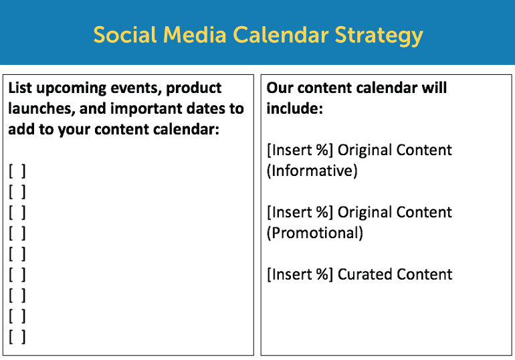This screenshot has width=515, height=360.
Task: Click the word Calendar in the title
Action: (x=281, y=35)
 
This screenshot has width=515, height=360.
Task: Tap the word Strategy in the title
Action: (x=379, y=36)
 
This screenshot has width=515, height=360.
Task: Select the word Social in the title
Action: (x=125, y=35)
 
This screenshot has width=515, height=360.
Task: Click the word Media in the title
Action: (x=195, y=35)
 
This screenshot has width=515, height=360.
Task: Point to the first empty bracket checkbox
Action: (x=17, y=171)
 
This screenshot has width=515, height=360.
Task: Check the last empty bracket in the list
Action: (x=17, y=337)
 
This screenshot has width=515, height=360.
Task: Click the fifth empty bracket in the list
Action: (x=17, y=254)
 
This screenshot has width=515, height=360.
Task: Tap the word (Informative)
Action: (x=312, y=171)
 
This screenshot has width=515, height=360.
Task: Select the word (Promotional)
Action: (x=314, y=233)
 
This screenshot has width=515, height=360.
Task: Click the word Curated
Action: (x=364, y=274)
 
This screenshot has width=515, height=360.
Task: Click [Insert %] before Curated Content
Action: (x=300, y=274)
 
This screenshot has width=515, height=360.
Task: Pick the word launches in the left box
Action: (x=41, y=108)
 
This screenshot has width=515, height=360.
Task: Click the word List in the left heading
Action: (x=20, y=88)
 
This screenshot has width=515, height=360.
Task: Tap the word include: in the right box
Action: (x=294, y=108)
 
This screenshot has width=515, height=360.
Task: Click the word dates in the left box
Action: (x=205, y=108)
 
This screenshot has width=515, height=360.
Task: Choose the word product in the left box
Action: (x=194, y=89)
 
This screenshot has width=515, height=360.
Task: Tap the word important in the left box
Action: (x=146, y=108)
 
